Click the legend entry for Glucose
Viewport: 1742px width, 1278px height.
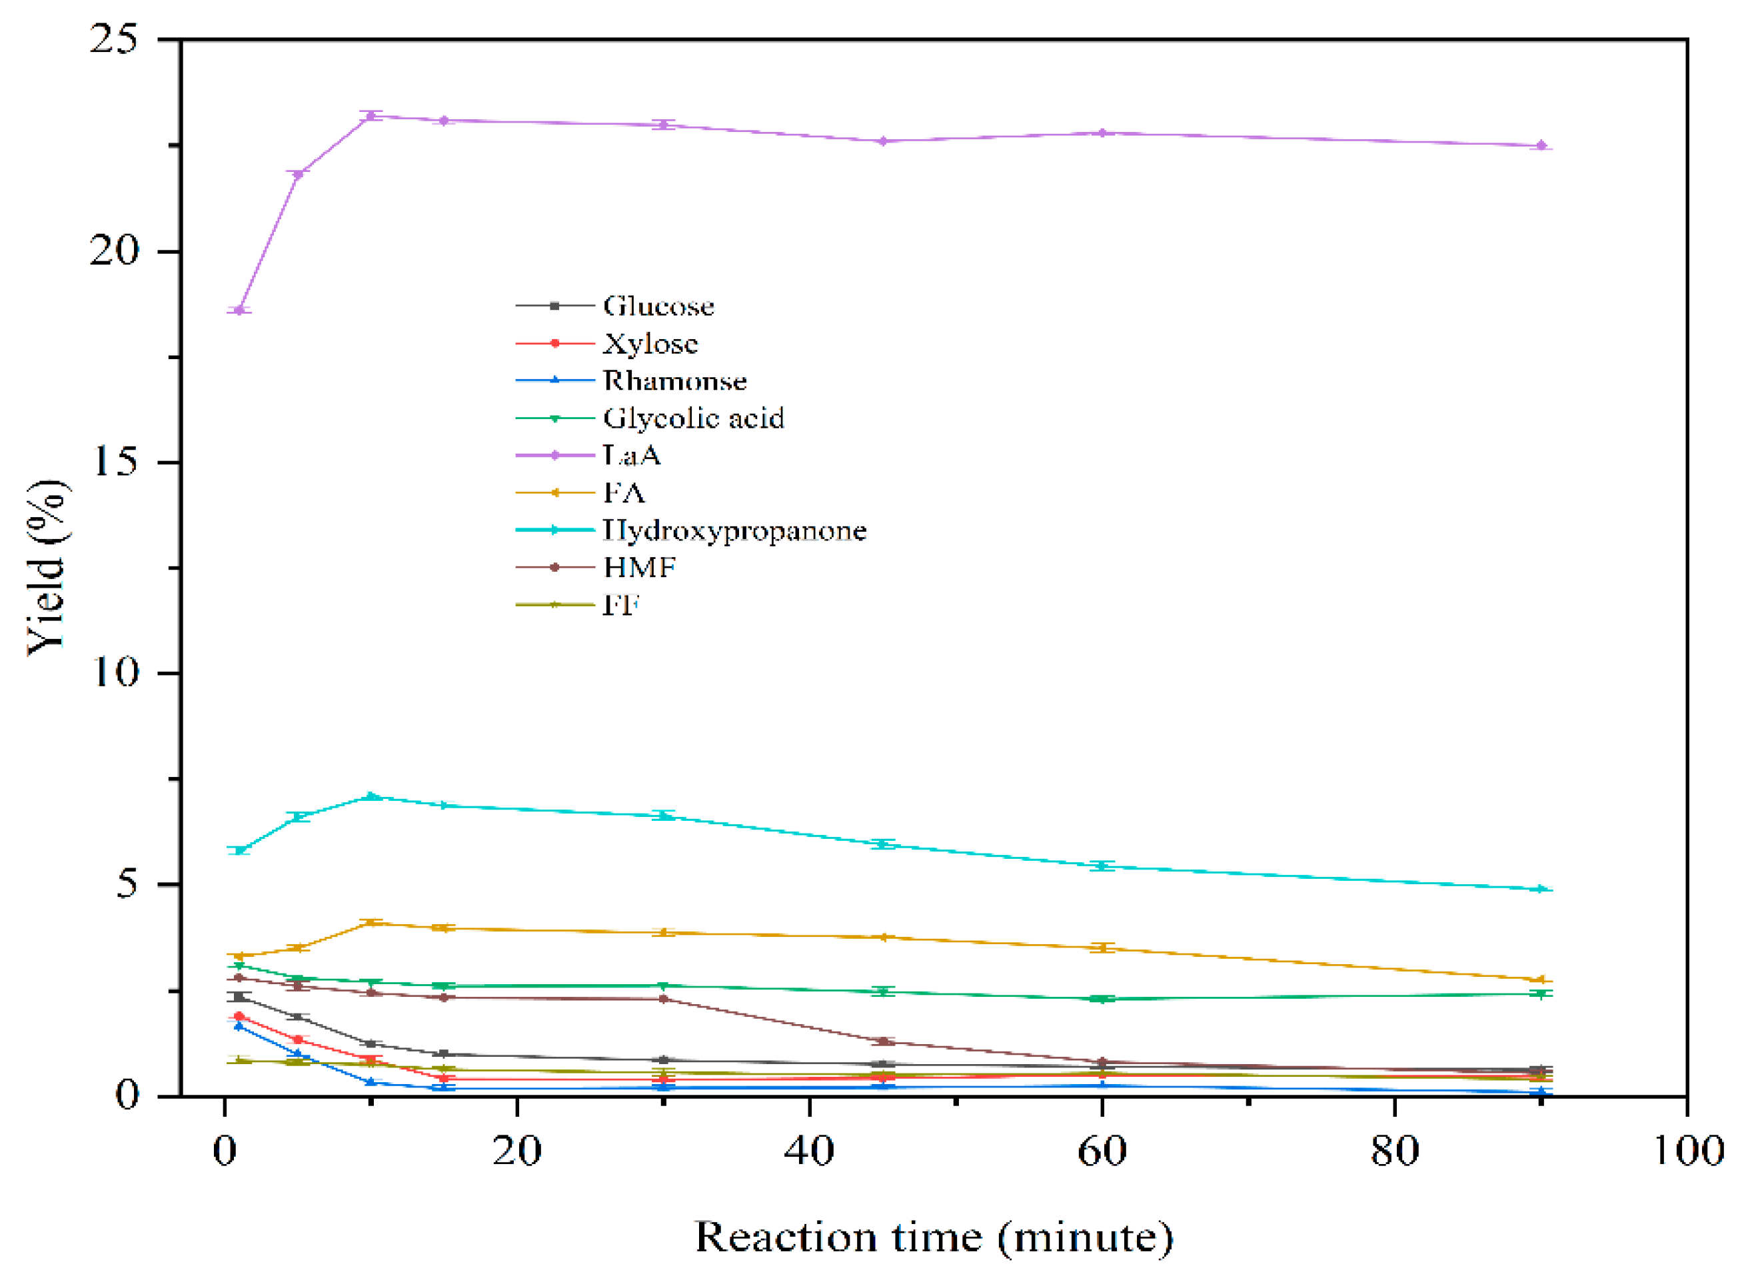(x=658, y=307)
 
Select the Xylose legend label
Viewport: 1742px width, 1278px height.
(x=650, y=343)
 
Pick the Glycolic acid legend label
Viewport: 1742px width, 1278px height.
(x=693, y=418)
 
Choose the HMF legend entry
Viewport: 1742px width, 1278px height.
(x=640, y=568)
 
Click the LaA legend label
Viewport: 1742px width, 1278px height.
(x=632, y=456)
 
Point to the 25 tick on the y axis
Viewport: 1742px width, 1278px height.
(x=114, y=39)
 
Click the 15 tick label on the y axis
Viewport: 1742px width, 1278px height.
(x=114, y=462)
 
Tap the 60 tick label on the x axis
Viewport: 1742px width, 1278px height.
(x=1102, y=1151)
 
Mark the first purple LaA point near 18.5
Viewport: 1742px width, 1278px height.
(x=240, y=311)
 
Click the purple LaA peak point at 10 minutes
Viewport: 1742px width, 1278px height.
(x=371, y=116)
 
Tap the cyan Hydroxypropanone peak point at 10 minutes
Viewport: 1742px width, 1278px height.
(x=371, y=797)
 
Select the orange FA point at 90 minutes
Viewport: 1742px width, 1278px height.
(x=1540, y=981)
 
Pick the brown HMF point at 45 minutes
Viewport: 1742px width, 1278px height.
(x=882, y=1041)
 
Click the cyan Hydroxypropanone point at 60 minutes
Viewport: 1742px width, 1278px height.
(x=1102, y=866)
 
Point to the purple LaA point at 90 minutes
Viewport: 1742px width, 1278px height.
(x=1540, y=145)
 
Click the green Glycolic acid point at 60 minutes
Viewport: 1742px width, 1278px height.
(x=1102, y=999)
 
